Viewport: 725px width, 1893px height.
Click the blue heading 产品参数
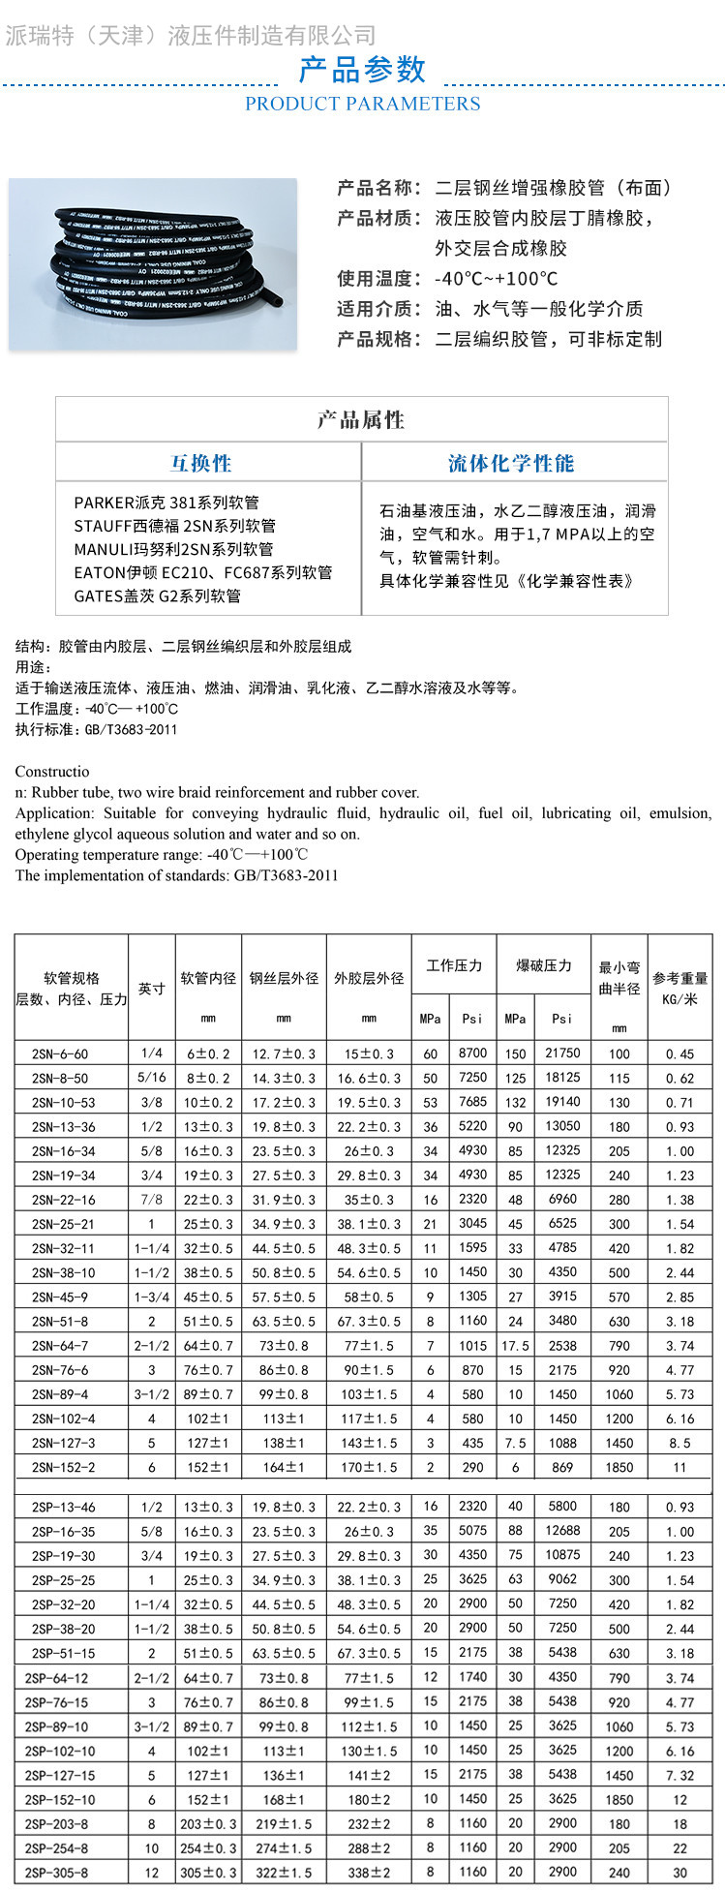[x=362, y=70]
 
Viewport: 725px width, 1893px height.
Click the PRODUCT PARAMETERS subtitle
[x=362, y=104]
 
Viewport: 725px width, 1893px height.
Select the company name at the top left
[x=191, y=36]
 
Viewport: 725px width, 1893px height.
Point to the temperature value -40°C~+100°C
[x=496, y=279]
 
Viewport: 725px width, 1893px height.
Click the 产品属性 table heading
[x=361, y=420]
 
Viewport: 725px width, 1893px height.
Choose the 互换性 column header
[x=201, y=463]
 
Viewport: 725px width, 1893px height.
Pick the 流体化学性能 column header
[x=511, y=463]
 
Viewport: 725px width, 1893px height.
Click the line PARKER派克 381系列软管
[x=166, y=503]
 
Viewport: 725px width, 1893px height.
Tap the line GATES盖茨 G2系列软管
[x=158, y=595]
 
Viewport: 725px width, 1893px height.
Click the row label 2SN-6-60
[x=59, y=1053]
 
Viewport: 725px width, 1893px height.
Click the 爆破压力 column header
[x=543, y=965]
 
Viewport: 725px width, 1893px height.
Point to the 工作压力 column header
[x=454, y=965]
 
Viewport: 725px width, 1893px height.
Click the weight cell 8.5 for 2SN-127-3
[x=680, y=1443]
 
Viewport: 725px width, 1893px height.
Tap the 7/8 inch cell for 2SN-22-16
[x=151, y=1199]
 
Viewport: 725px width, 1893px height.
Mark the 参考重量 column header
[x=680, y=988]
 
